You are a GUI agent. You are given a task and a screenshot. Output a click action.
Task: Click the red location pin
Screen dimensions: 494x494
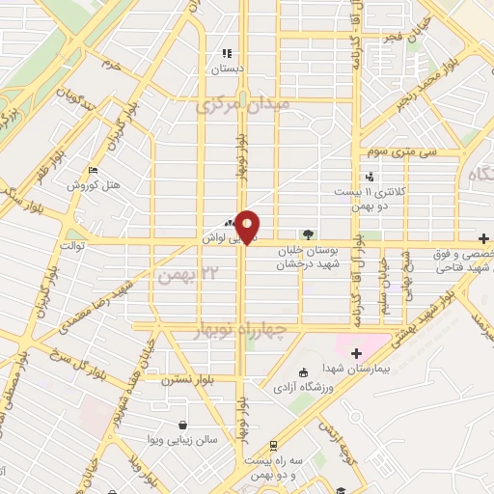tap(247, 226)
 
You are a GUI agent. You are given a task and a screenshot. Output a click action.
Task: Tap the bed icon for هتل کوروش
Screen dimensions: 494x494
tap(93, 170)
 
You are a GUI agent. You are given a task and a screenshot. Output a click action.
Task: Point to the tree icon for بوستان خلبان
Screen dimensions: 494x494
tap(308, 233)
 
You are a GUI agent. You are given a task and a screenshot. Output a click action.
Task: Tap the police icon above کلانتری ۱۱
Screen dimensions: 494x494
tap(370, 176)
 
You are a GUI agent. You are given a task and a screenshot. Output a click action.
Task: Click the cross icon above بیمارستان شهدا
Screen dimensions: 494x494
tap(356, 352)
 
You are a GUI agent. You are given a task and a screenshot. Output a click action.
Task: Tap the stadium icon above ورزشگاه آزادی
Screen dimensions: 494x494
tap(303, 372)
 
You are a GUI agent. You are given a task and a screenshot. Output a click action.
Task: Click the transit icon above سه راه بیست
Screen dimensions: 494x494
tap(274, 446)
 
